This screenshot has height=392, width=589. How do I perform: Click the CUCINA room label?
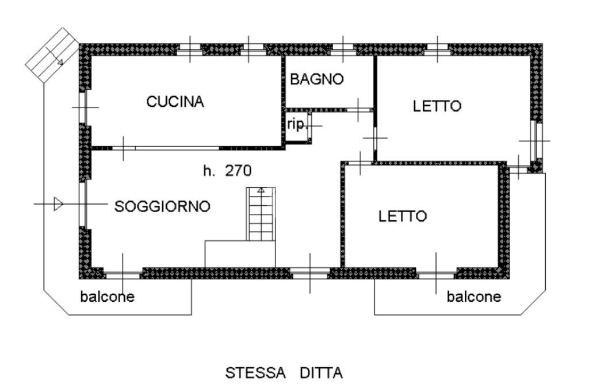coord(175,102)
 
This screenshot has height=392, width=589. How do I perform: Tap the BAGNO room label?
coord(316,79)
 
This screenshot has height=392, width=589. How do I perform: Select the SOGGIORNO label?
coord(163,207)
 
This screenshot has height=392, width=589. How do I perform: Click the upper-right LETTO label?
coord(437,106)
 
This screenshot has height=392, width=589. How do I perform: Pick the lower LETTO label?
coord(403,217)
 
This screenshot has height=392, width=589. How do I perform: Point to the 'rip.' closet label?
coord(297,125)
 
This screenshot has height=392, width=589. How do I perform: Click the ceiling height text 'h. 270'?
coord(228,170)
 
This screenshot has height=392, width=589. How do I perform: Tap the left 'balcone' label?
coord(108,297)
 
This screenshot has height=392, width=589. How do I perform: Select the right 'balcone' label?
coord(474,297)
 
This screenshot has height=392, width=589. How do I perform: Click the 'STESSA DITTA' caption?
coord(284,374)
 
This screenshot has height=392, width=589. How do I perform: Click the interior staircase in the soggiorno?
coord(262,214)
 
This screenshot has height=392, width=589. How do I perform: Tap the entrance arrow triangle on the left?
coord(57,203)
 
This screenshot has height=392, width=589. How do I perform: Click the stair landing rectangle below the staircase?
coord(240,254)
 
